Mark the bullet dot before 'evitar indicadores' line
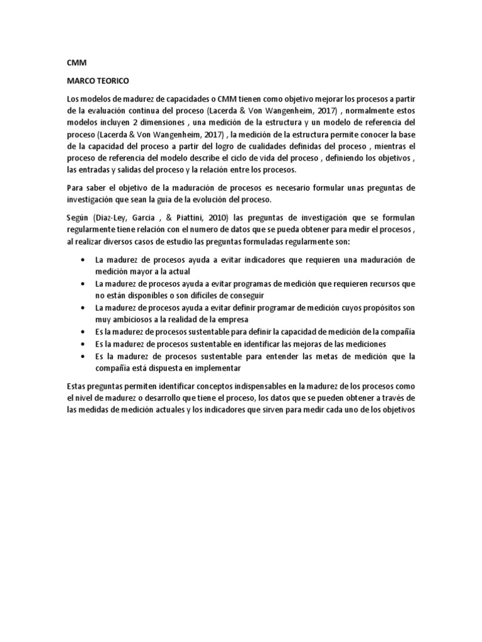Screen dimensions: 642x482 (84, 260)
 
